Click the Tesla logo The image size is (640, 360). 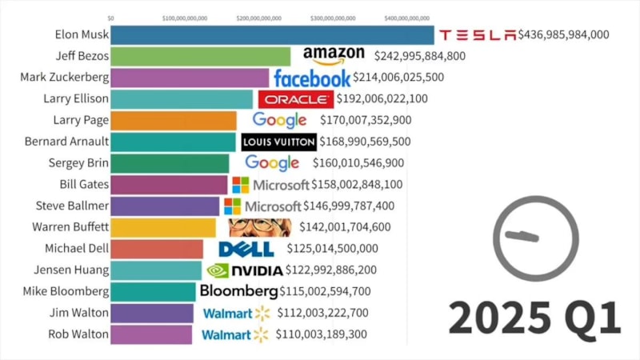[478, 34]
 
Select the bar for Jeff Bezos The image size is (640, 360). [200, 56]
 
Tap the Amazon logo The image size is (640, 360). [334, 55]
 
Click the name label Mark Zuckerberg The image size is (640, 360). [65, 78]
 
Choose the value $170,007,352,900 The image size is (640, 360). [366, 120]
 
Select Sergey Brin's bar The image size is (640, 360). [170, 163]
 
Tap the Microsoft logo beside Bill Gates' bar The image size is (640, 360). [270, 185]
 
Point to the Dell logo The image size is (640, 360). [252, 249]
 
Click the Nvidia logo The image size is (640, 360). [245, 270]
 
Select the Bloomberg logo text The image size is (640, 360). [238, 291]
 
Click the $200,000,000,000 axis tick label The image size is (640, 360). [185, 17]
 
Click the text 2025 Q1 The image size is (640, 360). [534, 318]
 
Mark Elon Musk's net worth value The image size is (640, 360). [564, 34]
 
